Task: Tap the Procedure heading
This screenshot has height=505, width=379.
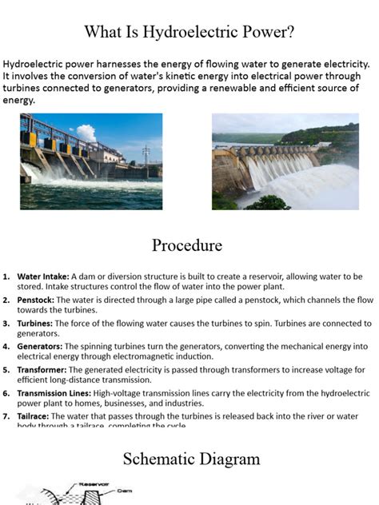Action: click(186, 245)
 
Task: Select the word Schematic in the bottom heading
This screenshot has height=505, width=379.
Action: click(160, 459)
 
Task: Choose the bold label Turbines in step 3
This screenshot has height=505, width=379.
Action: click(35, 324)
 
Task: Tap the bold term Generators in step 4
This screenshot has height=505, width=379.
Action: click(41, 347)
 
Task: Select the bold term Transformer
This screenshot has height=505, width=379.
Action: click(42, 370)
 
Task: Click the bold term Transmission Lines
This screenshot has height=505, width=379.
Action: click(54, 393)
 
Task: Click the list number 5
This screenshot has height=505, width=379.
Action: click(6, 370)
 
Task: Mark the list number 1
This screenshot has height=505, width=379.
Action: click(6, 276)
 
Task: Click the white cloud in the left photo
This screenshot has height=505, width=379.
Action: click(86, 133)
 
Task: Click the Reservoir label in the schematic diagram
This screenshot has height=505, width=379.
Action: click(94, 484)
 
